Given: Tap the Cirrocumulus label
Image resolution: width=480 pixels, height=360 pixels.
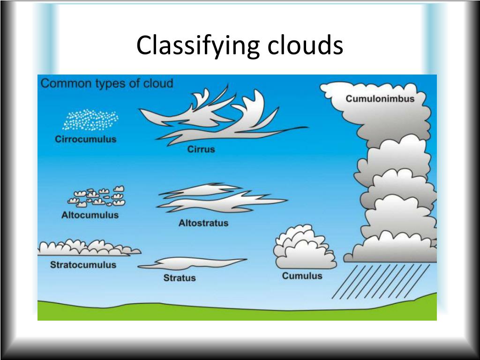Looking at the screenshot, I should pos(85,139).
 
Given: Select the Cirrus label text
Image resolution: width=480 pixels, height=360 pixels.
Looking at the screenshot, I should pos(201,150).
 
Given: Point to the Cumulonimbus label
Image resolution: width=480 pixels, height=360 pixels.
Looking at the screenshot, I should pos(380,98).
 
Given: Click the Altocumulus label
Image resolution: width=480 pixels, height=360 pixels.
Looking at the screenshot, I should pos(90,215).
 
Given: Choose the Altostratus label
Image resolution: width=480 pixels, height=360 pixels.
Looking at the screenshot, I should pos(203,223).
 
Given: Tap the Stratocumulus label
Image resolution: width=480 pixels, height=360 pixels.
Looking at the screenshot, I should pos(83,265).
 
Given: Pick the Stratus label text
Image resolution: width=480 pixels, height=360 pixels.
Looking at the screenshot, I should pos(180,278).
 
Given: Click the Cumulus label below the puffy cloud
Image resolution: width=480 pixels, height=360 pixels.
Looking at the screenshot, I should pos(302,276).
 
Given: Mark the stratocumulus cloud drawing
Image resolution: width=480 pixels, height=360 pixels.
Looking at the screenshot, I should pos(87,248).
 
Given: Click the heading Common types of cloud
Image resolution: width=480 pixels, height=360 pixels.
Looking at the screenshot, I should pos(107,84).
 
